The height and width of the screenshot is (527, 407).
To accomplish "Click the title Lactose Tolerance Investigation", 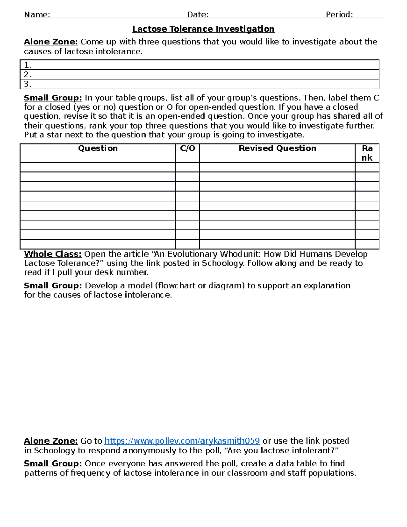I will point(203,29).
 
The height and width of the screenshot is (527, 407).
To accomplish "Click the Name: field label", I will point(37,15).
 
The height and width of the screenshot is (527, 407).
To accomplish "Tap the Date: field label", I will point(197,15).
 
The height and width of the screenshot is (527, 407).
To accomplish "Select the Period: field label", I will point(339,15).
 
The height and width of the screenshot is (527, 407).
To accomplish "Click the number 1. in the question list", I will point(28,65).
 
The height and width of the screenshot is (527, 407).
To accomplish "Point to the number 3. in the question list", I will point(28,84).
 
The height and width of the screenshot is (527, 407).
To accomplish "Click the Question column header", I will point(98,148).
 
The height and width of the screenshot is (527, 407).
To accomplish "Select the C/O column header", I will point(188,148).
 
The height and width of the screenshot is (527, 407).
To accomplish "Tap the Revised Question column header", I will point(277,148).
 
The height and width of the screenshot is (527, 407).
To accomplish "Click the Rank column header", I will point(367,153).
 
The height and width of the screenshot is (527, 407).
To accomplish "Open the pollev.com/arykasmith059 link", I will point(182,441).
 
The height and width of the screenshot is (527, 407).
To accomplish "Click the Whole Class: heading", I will point(53,254).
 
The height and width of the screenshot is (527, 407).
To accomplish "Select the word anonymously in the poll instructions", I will point(149,450).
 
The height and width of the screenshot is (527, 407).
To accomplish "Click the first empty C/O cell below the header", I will point(188,167).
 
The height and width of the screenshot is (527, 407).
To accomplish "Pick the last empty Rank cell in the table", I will point(367,244).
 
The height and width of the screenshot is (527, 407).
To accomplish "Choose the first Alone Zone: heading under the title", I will point(51,42).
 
